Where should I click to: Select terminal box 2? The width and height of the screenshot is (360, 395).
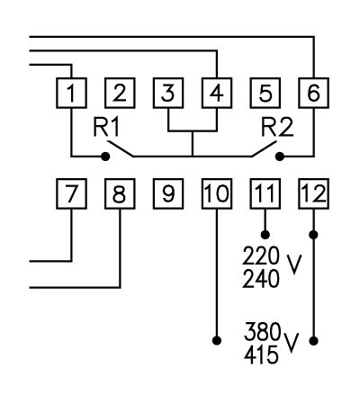(x=120, y=92)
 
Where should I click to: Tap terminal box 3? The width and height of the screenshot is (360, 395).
(x=168, y=92)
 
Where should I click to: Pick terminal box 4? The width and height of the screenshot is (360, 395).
(x=217, y=92)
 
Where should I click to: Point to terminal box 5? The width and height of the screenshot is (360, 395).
(x=265, y=92)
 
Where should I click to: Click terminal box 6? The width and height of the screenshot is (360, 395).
(x=313, y=92)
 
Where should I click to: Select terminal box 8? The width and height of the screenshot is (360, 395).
(x=120, y=193)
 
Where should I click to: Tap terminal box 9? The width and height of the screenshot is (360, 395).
(x=168, y=193)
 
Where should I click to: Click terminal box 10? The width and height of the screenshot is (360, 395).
(x=217, y=193)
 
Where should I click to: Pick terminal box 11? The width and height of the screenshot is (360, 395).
(x=265, y=193)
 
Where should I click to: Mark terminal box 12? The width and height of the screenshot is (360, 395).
(x=313, y=193)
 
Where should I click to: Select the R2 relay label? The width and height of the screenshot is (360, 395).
(x=275, y=128)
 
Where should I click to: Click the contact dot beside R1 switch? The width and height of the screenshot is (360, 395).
(x=105, y=157)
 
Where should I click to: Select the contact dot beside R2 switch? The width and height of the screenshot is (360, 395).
(x=279, y=157)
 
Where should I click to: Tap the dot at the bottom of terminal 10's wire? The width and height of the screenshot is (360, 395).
(x=217, y=340)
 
